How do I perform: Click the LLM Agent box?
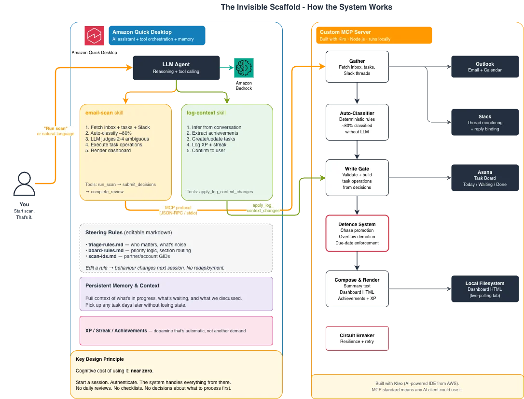(176, 68)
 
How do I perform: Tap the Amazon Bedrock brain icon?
(244, 68)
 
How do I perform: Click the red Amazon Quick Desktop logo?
(94, 35)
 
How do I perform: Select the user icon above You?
(25, 184)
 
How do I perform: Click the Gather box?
(357, 67)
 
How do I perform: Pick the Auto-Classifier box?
(357, 122)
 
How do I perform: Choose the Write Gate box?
(357, 178)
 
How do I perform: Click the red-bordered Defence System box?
(357, 233)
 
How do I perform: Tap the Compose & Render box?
(357, 289)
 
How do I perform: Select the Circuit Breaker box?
(357, 338)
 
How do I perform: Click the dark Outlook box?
(485, 67)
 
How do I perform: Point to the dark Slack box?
(485, 122)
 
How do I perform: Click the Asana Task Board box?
(485, 178)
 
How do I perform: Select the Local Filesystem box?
(485, 289)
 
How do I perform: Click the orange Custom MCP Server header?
(374, 35)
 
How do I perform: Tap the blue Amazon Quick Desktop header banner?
(157, 35)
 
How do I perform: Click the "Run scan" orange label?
(55, 128)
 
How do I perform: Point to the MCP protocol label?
(178, 208)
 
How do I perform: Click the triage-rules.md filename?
(106, 244)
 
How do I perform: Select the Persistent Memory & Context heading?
(122, 285)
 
